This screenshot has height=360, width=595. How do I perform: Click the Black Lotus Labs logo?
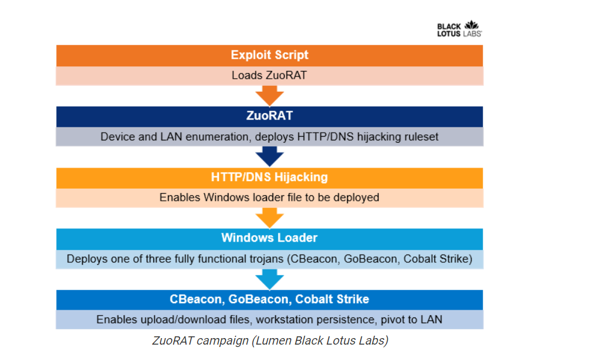pos(459,29)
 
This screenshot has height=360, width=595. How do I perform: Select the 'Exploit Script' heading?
pos(269,55)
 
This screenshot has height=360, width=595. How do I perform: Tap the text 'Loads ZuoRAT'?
pos(269,75)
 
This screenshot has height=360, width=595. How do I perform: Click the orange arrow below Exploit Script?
pos(269,95)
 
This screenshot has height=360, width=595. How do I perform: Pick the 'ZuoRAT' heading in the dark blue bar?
pos(269,115)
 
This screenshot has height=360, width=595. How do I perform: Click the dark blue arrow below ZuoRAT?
pos(269,156)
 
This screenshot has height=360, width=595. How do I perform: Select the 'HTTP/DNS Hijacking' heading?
pos(269,177)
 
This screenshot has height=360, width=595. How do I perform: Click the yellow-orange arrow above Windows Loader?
pos(269,218)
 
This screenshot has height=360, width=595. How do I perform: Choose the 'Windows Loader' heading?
pos(269,238)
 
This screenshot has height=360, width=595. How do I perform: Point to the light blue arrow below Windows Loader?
pos(269,279)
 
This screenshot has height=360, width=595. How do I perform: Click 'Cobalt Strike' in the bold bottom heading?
pos(332,299)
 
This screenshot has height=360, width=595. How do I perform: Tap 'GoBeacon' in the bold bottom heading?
pos(260,299)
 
